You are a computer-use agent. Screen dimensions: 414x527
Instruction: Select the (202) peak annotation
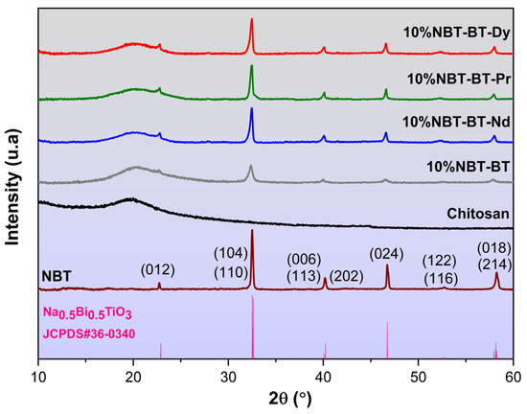point(345,276)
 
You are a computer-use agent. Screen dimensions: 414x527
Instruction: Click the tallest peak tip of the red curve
point(252,19)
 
